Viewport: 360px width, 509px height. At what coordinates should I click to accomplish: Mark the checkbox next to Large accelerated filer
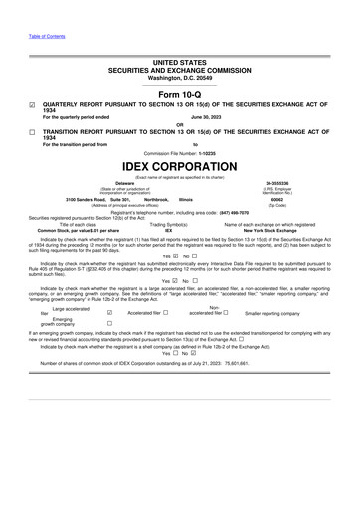(108, 338)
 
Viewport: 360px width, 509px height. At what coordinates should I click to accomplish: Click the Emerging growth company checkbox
(108, 351)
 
